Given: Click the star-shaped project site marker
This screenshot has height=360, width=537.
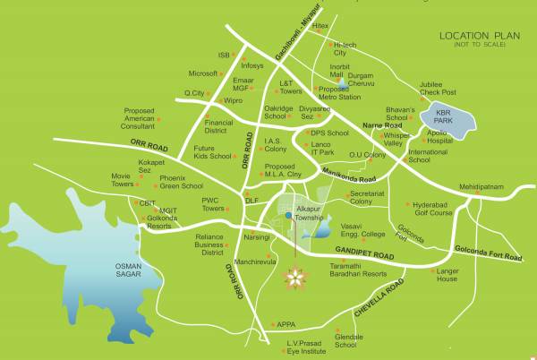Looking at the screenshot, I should pos(293,279).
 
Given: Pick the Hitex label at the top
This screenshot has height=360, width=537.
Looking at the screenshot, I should pos(320,26).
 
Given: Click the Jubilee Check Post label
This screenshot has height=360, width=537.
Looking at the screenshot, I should pos(437,89).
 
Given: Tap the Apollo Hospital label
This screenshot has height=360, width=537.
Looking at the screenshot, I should pos(439,135).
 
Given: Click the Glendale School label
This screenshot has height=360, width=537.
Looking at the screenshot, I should pos(351,339).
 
